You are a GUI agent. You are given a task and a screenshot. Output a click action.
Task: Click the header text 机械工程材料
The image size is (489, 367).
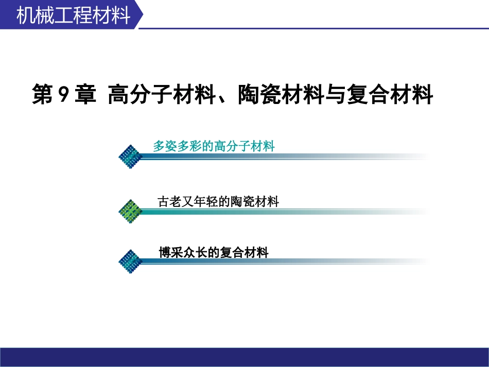73,15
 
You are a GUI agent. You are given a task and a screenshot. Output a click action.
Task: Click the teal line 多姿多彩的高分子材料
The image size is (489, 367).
214,146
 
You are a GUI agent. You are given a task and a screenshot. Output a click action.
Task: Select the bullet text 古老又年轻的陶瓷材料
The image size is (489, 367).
218,202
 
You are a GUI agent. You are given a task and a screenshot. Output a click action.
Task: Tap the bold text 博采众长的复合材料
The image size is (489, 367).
214,252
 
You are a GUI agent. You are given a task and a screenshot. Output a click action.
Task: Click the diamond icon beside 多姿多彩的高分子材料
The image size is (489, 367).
130,156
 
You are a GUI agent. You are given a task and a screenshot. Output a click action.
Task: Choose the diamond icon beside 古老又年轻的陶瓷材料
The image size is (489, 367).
130,211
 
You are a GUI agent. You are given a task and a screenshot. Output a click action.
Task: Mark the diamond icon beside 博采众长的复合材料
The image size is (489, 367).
130,261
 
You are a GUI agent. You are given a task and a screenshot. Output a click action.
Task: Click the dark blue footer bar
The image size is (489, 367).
244,357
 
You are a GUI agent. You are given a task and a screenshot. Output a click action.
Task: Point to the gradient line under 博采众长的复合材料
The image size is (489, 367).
283,261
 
